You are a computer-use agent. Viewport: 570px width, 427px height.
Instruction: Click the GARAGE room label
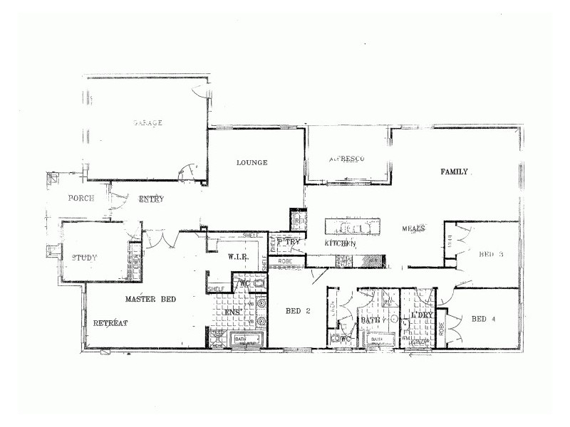point(147,123)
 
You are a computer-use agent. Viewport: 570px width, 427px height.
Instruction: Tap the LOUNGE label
point(252,163)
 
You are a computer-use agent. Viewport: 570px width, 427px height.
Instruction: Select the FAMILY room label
point(454,172)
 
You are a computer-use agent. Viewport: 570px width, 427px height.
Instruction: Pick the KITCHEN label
point(340,244)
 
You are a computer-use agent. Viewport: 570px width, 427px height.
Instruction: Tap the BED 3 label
point(491,254)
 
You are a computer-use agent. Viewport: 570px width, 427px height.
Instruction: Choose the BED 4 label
point(484,319)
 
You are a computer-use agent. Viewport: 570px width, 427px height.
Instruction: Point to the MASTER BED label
point(150,299)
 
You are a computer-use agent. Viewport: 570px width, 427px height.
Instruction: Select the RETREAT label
point(110,324)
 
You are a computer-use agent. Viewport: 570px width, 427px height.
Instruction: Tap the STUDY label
point(84,258)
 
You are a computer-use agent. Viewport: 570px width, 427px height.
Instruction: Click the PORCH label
point(81,199)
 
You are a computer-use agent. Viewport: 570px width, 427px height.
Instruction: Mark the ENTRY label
point(151,199)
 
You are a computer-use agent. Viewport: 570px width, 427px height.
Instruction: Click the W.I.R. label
point(237,256)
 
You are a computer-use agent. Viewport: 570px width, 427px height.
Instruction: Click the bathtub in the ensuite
point(247,339)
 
